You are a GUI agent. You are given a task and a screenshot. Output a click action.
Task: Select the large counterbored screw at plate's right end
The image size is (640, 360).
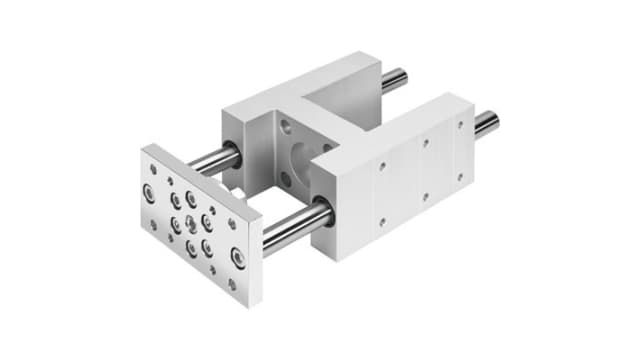pos(237,257)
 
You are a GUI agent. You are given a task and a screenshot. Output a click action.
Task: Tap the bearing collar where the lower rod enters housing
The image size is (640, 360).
pos(323,213)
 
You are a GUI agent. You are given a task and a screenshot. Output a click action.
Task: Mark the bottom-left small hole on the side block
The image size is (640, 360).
pos(381,220)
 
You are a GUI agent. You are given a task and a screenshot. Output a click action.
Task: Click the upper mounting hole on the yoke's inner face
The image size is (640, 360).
pos(284,127)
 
